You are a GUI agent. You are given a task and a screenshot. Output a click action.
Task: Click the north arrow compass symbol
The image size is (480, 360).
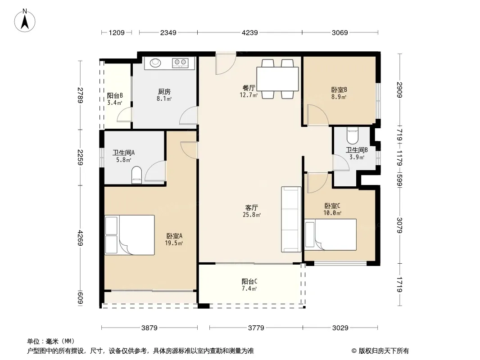point(25,21)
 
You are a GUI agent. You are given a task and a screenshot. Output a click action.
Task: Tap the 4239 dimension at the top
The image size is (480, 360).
point(250,33)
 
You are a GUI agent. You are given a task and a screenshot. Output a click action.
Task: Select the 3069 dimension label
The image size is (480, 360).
point(340,33)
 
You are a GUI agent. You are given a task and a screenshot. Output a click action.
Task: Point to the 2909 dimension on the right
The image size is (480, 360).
point(399,90)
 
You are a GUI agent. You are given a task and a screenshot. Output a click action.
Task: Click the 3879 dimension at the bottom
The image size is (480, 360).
point(149,328)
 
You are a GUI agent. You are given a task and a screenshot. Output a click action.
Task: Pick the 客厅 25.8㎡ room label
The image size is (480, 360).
point(251,211)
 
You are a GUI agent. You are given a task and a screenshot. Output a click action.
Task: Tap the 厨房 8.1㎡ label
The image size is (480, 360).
point(164,95)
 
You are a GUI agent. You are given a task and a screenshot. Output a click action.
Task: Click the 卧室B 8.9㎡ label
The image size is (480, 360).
point(339,93)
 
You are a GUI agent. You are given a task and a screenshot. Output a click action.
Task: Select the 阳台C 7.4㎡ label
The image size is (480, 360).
point(249,285)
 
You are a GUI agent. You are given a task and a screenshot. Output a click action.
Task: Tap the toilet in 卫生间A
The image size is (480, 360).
point(136,175)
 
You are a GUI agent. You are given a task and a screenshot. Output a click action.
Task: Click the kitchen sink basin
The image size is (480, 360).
point(155,63)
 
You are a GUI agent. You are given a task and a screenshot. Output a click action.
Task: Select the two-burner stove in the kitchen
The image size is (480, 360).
point(180,63)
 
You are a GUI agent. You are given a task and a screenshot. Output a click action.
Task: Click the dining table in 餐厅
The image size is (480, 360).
point(277,79)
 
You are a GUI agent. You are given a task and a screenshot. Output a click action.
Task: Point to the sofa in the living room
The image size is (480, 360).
point(291,219)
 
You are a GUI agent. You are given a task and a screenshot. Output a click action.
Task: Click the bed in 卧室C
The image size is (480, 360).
point(331,234)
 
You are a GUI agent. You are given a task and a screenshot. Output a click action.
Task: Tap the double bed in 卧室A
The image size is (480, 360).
point(130,235)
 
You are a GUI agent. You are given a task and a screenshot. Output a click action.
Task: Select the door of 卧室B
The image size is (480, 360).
point(318,115)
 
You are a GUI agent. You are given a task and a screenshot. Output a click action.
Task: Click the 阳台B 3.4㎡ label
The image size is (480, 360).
point(115,99)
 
